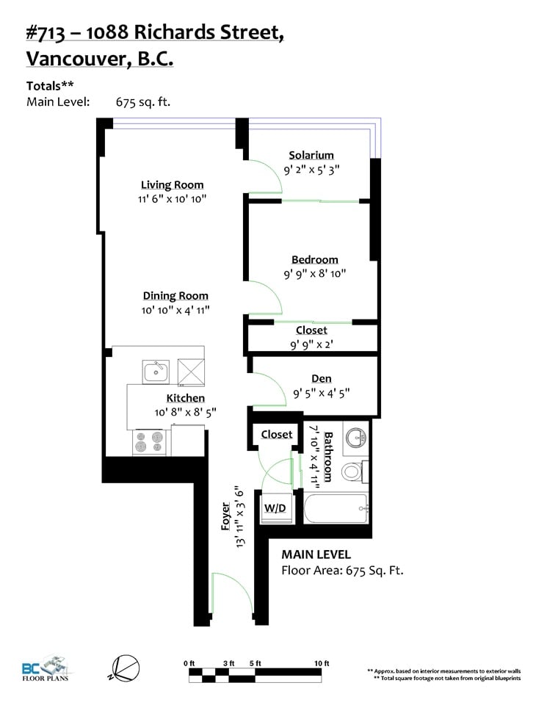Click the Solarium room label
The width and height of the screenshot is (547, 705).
[311, 156]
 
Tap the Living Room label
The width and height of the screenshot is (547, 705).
[172, 185]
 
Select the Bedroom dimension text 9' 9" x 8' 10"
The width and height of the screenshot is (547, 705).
[315, 273]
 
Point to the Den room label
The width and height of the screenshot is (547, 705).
[322, 379]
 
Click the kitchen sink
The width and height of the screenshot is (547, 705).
[156, 372]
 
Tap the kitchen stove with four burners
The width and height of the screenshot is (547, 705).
[151, 442]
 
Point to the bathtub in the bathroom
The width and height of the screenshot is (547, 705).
[336, 508]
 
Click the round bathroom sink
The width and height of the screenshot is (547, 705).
[356, 436]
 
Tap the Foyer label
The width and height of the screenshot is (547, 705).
[225, 516]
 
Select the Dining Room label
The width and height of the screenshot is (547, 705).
[175, 296]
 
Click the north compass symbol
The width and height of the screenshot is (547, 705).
[125, 668]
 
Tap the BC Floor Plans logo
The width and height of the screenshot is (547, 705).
[46, 668]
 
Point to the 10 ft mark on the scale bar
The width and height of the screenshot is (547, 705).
[322, 664]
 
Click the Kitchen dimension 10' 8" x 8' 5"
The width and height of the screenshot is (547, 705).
[185, 412]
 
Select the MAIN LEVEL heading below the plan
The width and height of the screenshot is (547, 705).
[316, 555]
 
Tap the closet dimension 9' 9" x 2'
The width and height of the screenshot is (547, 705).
[311, 345]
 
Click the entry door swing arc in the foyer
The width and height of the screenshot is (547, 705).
[238, 585]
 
